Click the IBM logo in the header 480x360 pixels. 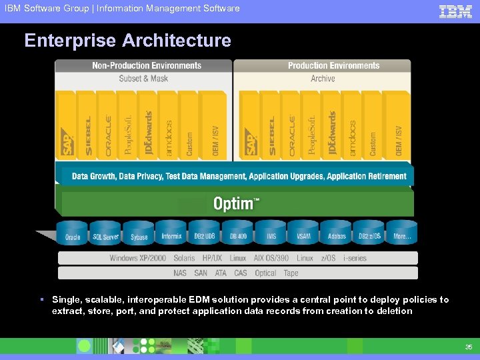tap(455, 11)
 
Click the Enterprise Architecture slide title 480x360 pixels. tap(127, 41)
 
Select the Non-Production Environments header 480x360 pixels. tap(147, 66)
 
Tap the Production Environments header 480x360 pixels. tap(333, 66)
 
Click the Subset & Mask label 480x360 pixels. tap(143, 79)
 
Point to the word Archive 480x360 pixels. tap(323, 79)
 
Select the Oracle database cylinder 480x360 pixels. tap(73, 235)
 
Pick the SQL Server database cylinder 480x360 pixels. tap(106, 235)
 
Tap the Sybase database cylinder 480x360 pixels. tap(139, 235)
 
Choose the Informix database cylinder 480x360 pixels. tap(171, 235)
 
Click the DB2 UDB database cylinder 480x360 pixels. tap(205, 235)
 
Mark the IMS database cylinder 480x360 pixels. tap(271, 235)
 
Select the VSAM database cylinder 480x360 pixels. tap(303, 235)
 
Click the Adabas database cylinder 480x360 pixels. tap(337, 235)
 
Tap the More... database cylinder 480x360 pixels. tap(402, 235)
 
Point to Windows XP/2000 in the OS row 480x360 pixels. tap(138, 258)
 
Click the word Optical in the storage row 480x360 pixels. tap(265, 273)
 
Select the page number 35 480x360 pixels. tap(468, 347)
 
